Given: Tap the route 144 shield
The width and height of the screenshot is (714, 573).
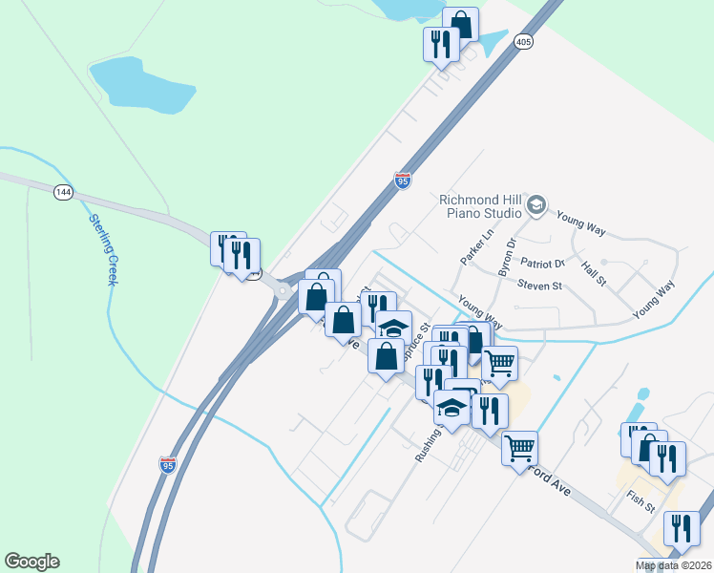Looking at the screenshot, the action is point(64,192).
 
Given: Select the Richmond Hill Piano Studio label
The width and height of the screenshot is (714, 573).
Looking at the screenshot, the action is point(480,205).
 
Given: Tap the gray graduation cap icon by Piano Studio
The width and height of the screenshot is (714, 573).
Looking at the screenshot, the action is point(536,204).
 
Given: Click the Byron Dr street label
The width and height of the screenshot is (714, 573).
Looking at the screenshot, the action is point(505,256).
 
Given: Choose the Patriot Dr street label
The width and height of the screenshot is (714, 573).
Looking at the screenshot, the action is point(542,263).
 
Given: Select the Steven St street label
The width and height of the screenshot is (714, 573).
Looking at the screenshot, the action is point(540,285).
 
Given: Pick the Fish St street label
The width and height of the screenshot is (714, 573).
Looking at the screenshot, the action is point(641,498).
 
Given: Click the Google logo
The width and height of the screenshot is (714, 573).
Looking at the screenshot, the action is point(31,562).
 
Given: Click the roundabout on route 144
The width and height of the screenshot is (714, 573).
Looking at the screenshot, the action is point(283,286).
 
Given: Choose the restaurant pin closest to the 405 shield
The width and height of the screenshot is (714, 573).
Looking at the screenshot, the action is point(441,43).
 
